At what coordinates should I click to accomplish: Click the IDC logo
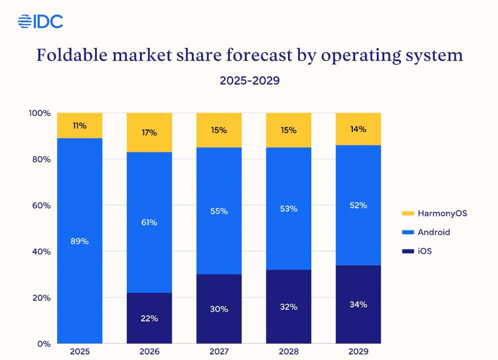pyautogui.click(x=40, y=22)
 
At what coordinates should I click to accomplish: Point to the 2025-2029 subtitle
pyautogui.click(x=249, y=81)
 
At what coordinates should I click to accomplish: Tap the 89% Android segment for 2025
pyautogui.click(x=80, y=241)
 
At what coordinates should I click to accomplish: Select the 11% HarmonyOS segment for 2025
pyautogui.click(x=80, y=126)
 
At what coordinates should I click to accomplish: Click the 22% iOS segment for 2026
pyautogui.click(x=149, y=318)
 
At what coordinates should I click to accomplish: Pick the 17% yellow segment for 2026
pyautogui.click(x=149, y=133)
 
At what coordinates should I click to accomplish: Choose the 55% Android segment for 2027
pyautogui.click(x=219, y=211)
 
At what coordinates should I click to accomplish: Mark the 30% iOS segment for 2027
pyautogui.click(x=219, y=309)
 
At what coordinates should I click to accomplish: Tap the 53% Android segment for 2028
pyautogui.click(x=289, y=209)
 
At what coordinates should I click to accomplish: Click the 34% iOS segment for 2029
pyautogui.click(x=358, y=304)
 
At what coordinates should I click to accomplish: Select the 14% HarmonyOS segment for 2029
pyautogui.click(x=358, y=129)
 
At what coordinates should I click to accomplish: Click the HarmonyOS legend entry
pyautogui.click(x=434, y=213)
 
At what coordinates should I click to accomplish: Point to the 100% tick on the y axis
pyautogui.click(x=39, y=113)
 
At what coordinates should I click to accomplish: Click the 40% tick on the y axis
pyautogui.click(x=41, y=251)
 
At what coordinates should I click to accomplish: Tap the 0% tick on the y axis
pyautogui.click(x=44, y=344)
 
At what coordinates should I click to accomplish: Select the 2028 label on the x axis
pyautogui.click(x=289, y=352)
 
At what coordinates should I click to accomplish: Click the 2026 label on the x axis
pyautogui.click(x=149, y=352)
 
